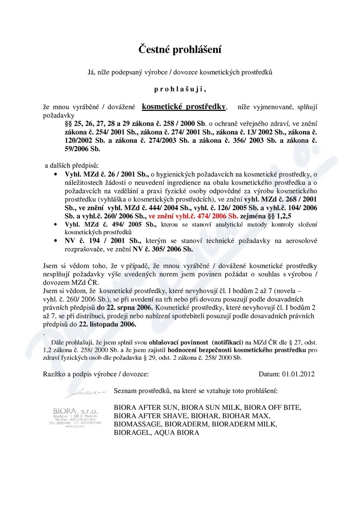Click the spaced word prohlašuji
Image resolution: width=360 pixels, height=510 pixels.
(180, 89)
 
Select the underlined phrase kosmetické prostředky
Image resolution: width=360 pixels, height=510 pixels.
(184, 107)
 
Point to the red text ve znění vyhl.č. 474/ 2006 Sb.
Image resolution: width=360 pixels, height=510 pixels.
(193, 216)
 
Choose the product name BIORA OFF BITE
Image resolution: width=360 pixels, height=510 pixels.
(272, 408)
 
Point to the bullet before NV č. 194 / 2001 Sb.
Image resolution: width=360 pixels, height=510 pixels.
(56, 241)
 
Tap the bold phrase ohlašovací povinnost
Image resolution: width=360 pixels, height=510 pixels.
(151, 342)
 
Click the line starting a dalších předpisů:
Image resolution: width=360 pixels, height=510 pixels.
(69, 165)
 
